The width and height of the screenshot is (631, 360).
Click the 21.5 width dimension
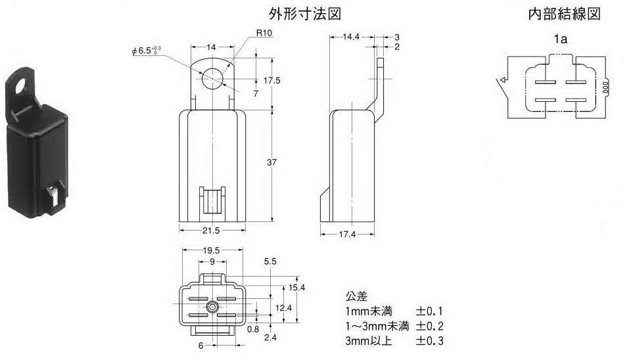[212, 231]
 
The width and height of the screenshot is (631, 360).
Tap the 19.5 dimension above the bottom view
[212, 251]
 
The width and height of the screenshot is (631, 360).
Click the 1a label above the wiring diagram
[560, 39]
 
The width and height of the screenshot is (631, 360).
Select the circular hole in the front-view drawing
[213, 77]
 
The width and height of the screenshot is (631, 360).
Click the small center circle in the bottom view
[212, 307]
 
